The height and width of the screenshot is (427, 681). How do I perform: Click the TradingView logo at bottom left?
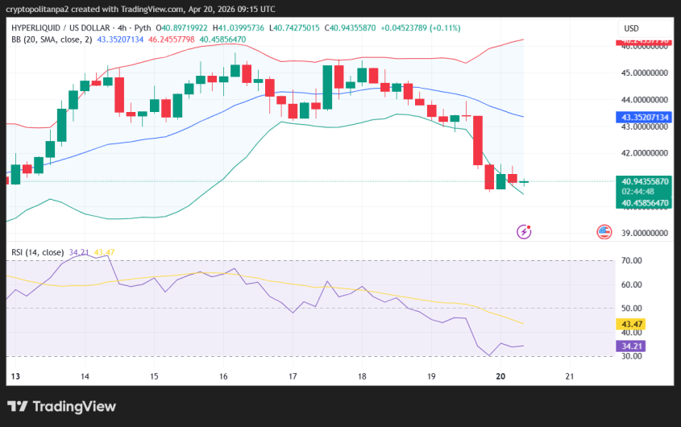61,407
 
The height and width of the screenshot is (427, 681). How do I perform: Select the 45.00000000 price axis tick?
646,73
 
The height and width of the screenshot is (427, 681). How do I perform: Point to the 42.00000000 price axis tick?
646,153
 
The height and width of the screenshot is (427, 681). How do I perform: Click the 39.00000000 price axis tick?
646,233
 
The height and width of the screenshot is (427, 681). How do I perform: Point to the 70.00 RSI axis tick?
631,261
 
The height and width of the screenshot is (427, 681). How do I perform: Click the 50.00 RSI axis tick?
631,308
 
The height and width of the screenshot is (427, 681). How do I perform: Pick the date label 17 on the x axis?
293,376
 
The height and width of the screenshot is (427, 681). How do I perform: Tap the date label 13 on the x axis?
15,376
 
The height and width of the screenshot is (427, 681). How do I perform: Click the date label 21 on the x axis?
571,376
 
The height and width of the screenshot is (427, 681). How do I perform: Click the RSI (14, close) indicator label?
38,252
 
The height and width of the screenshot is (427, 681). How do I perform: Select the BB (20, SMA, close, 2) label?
52,39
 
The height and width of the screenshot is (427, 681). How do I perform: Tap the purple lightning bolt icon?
524,232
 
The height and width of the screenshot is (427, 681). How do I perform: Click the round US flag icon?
604,232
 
